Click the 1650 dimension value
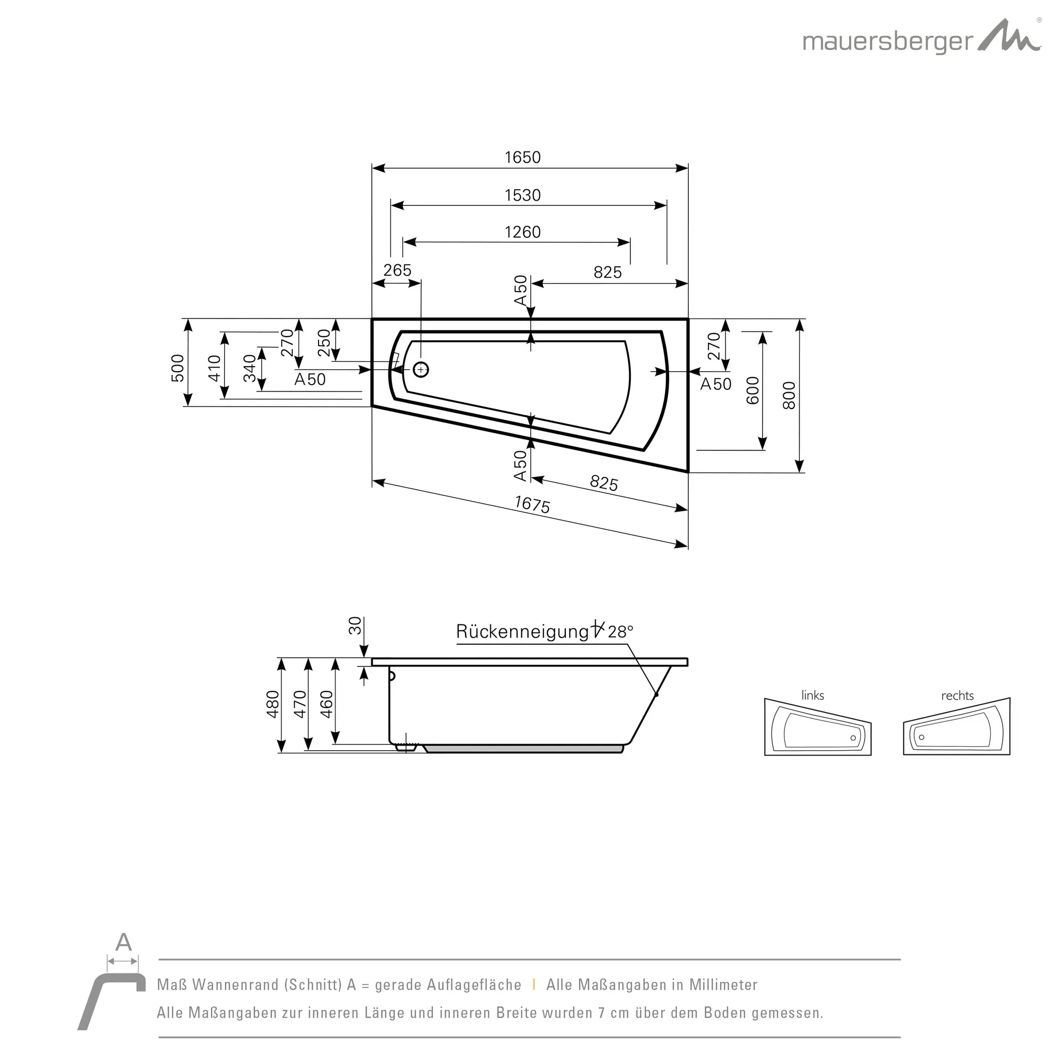tap(522, 158)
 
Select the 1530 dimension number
tap(522, 195)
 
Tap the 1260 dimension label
tap(522, 232)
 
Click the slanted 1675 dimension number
tap(532, 505)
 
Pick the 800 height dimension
tap(788, 395)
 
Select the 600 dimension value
tap(753, 390)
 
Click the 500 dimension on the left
tap(177, 368)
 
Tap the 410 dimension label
tap(214, 368)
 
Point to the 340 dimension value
tap(249, 368)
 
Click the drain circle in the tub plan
tap(421, 370)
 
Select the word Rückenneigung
tap(522, 632)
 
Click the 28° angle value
tap(620, 632)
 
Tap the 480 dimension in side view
tap(273, 704)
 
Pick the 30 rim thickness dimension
tap(355, 626)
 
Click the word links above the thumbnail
tap(812, 695)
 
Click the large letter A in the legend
tap(124, 943)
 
